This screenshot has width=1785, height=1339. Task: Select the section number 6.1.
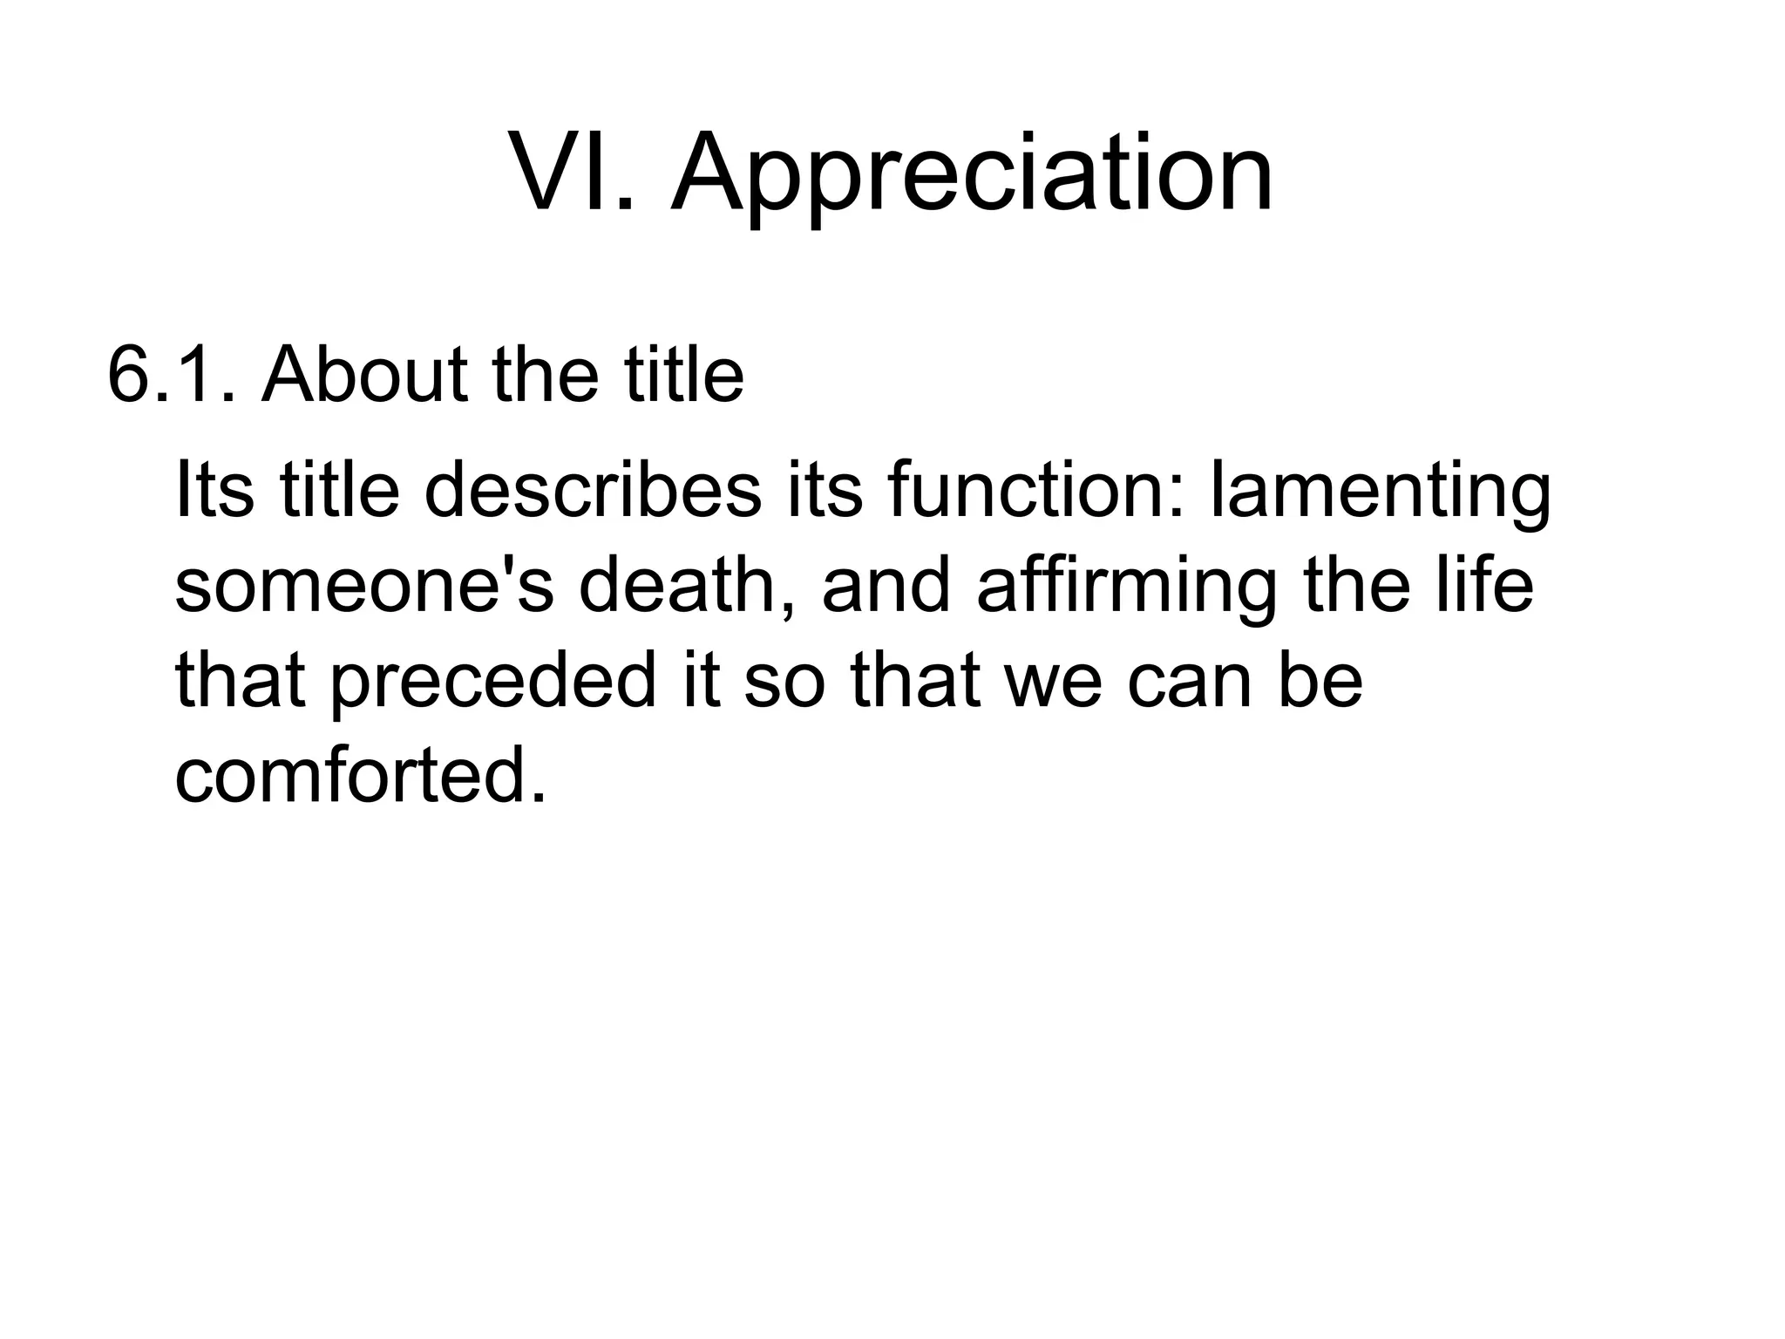point(171,375)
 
